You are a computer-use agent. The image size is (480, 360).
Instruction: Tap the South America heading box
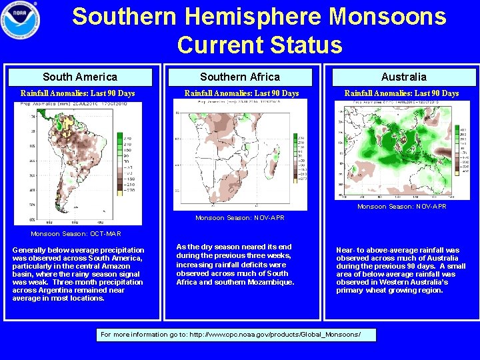tap(79, 77)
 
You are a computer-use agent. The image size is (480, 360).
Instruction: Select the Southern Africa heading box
tap(240, 77)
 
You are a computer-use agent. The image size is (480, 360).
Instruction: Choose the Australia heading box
tap(403, 77)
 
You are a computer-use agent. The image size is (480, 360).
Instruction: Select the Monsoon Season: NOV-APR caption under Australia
tap(402, 207)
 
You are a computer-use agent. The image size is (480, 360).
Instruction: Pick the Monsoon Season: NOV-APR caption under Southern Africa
tap(240, 218)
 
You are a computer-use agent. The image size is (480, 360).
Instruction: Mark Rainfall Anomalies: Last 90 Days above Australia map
tap(401, 93)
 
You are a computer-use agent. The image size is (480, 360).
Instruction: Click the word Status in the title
tap(307, 45)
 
